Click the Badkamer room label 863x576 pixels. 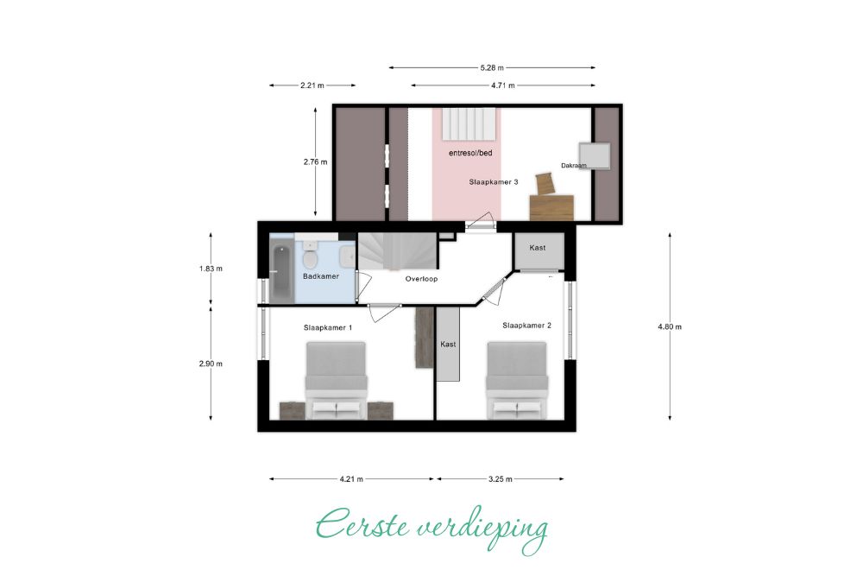tap(321, 276)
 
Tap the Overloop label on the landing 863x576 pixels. tap(422, 279)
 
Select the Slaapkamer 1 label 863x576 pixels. tap(328, 327)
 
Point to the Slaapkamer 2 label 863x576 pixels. tap(526, 326)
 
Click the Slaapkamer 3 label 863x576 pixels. tap(494, 181)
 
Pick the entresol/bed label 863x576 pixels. tap(470, 153)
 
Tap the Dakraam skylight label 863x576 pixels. tap(574, 165)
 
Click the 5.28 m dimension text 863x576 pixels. tap(492, 67)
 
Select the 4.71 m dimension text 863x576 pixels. tap(503, 85)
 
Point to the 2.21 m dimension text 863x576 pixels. tap(312, 85)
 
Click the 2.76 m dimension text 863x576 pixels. tap(315, 161)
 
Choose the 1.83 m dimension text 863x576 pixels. tap(211, 269)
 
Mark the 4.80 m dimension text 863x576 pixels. tap(670, 326)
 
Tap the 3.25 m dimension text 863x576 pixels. tap(501, 479)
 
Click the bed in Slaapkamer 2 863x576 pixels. tap(517, 380)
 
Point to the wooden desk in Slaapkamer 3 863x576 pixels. tap(551, 207)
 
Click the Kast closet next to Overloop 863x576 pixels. tap(539, 251)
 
